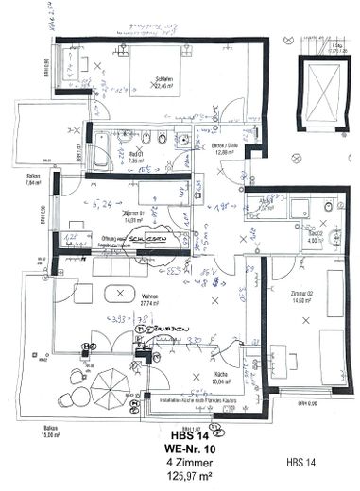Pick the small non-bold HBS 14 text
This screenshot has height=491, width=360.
tap(301, 463)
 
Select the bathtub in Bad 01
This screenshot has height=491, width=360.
tap(99, 152)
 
